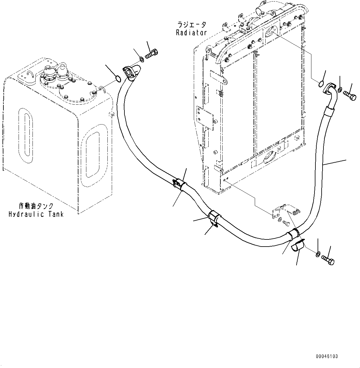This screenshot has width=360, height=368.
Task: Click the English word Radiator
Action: pyautogui.click(x=191, y=33)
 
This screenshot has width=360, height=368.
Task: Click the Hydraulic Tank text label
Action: pyautogui.click(x=36, y=214)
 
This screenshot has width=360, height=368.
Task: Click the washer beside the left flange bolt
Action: pyautogui.click(x=141, y=59)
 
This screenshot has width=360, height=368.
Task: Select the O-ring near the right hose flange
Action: pyautogui.click(x=321, y=84)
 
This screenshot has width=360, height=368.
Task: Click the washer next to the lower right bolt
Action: pyautogui.click(x=318, y=255)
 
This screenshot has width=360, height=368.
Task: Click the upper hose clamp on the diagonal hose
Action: pyautogui.click(x=178, y=183)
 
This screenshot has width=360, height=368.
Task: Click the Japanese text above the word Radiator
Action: pyautogui.click(x=191, y=25)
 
